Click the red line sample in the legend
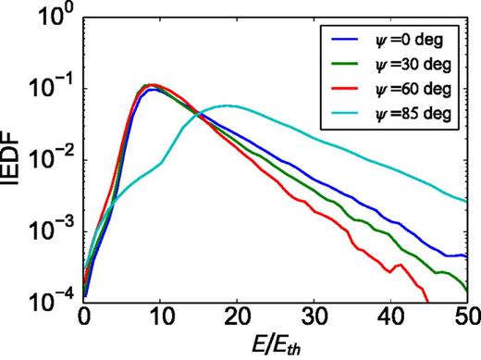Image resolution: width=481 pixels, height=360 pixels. coord(342,90)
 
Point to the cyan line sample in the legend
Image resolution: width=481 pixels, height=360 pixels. coord(342,116)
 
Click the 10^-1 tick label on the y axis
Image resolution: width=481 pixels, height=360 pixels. coord(55,90)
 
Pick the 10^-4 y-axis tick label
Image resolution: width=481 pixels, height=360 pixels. coord(55,302)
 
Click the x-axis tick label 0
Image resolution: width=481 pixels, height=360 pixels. coord(84,318)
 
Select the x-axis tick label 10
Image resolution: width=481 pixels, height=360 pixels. coord(161,318)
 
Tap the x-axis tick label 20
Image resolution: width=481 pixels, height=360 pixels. coord(237,318)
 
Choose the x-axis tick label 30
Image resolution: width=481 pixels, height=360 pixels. coord(314,318)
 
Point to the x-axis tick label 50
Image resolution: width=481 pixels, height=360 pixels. coord(464,318)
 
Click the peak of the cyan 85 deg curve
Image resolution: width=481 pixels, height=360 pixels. coord(226,106)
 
